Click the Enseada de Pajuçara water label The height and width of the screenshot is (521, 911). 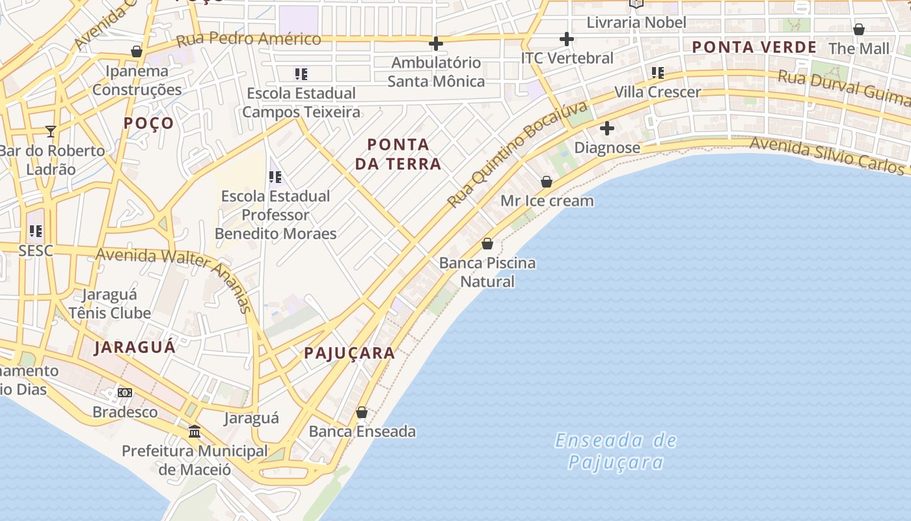click(x=616, y=451)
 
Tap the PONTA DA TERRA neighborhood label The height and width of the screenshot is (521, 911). click(x=398, y=154)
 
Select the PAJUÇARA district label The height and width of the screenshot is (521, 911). click(x=349, y=354)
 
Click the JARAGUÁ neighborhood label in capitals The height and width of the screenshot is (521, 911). click(x=135, y=347)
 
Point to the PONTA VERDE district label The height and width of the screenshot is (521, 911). click(x=754, y=48)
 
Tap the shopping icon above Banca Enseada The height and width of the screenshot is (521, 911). click(x=362, y=412)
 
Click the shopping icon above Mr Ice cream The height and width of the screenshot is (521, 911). click(x=547, y=182)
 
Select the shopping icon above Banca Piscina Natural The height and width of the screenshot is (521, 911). click(x=487, y=244)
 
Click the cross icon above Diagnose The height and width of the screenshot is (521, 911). click(x=607, y=128)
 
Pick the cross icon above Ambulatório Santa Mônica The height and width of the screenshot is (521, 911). click(x=436, y=44)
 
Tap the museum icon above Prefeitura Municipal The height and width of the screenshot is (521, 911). click(x=194, y=431)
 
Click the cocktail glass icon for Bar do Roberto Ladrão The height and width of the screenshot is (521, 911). click(x=51, y=131)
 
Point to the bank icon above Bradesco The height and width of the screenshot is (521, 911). click(x=125, y=392)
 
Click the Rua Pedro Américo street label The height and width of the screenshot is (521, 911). click(x=249, y=39)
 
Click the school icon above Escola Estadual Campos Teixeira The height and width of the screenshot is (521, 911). click(x=301, y=74)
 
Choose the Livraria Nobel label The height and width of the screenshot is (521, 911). click(x=636, y=23)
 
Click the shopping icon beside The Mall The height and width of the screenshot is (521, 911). click(x=858, y=29)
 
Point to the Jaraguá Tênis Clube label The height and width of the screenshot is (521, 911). click(x=109, y=303)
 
